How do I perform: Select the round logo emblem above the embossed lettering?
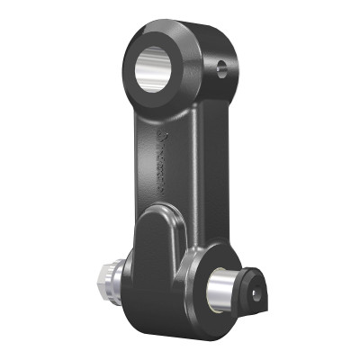[x=160, y=135]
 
